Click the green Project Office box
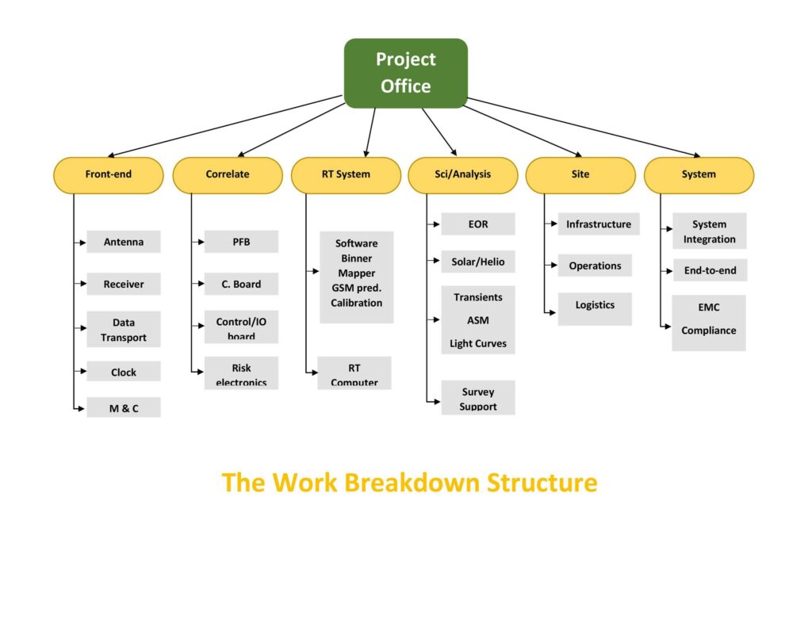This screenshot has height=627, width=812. click(405, 73)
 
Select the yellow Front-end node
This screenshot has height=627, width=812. click(108, 175)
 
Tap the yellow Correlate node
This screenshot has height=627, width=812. click(228, 175)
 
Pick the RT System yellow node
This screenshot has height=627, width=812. click(346, 175)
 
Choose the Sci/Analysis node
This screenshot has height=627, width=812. click(462, 175)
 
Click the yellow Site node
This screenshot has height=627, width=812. click(580, 175)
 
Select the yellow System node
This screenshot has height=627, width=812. click(699, 175)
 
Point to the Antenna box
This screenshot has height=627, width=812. click(124, 242)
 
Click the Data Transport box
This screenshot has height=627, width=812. click(124, 330)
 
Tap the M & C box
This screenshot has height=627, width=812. click(124, 408)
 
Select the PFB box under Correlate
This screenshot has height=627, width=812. click(241, 242)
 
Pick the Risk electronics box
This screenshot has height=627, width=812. click(241, 373)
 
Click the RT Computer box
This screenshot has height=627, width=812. click(354, 373)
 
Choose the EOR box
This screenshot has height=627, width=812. click(478, 224)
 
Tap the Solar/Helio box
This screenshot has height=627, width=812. click(478, 262)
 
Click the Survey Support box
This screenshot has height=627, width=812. click(478, 398)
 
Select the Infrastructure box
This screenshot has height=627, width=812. click(598, 224)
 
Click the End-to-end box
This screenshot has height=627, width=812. click(710, 270)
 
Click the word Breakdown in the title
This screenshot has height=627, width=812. click(414, 482)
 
